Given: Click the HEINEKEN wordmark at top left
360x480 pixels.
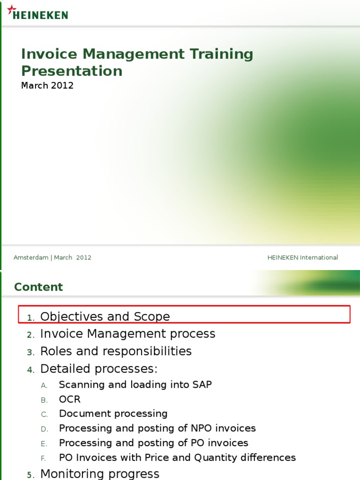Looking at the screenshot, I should [x=40, y=15].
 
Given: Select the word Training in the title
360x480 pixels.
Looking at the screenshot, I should [x=221, y=54].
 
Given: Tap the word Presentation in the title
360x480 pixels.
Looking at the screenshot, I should [x=72, y=71].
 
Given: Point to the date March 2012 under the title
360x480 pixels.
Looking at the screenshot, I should [x=47, y=86].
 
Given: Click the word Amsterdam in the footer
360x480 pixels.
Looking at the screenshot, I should [x=31, y=258].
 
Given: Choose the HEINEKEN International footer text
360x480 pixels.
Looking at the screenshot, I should [x=302, y=258].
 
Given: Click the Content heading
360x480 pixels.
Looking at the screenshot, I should [x=38, y=287].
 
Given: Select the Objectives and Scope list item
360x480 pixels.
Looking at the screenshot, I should [x=105, y=316].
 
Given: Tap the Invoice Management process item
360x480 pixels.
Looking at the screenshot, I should [x=127, y=334].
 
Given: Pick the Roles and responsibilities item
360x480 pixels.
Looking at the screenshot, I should [x=116, y=351].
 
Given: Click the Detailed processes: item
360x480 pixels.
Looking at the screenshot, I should [x=99, y=369].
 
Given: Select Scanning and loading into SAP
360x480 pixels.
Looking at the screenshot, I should [x=135, y=385].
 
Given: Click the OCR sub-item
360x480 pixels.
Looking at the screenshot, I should [x=69, y=399].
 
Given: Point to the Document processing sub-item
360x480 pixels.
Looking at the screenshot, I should [x=113, y=414].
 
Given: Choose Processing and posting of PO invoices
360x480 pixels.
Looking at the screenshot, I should [x=153, y=443].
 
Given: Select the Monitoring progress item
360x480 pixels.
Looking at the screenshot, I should [x=99, y=474].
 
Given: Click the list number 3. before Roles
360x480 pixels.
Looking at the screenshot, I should [x=30, y=352].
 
